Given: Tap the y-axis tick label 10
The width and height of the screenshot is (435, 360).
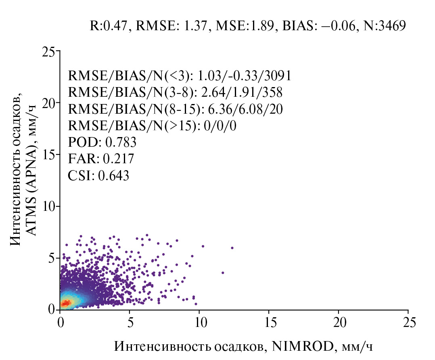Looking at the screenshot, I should click(x=48, y=206).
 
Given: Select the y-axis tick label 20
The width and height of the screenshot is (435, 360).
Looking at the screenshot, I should click(x=48, y=103).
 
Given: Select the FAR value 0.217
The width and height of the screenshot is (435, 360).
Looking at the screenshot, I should click(x=119, y=159).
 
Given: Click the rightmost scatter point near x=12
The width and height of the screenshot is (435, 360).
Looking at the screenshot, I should click(x=232, y=248).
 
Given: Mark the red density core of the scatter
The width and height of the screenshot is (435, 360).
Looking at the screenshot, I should click(x=65, y=302).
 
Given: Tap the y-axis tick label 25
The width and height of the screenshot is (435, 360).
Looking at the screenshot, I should click(x=48, y=52).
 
